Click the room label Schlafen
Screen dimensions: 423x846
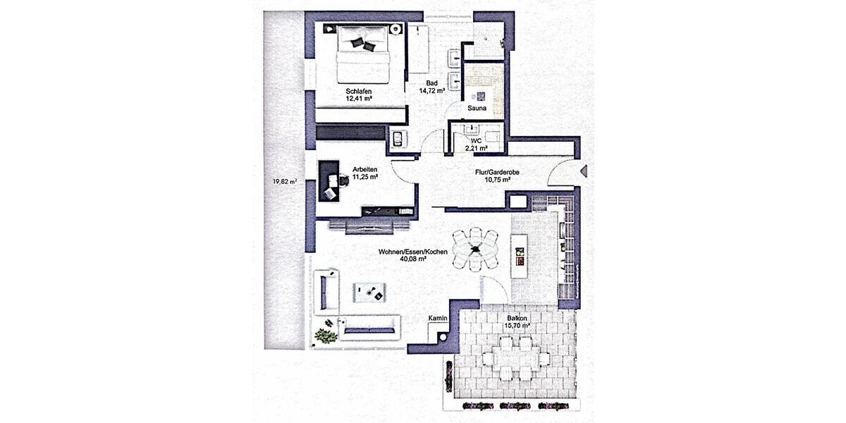coord(359,91)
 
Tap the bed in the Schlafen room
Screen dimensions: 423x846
coord(363,53)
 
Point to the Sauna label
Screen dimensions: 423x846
coord(477,109)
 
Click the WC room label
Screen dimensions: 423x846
coord(476,141)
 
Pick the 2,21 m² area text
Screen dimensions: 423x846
coord(477,149)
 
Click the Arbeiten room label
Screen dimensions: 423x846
coord(364,169)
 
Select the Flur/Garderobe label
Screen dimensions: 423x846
coord(497,171)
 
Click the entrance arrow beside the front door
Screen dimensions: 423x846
coord(583,170)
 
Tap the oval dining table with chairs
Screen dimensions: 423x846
coord(475,248)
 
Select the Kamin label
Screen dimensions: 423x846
coord(438,319)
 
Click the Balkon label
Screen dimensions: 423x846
coord(516,319)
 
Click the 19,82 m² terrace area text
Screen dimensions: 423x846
coord(284,181)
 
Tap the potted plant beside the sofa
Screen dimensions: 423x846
coord(326,335)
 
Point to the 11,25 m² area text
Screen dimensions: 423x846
coord(364,177)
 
